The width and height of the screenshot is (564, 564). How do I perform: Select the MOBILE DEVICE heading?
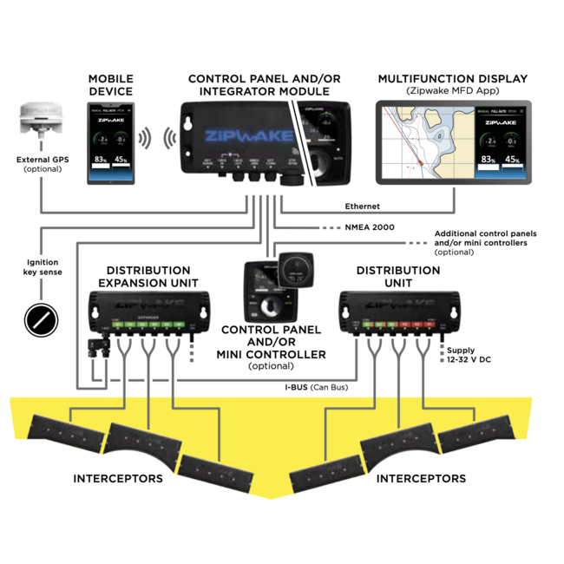click(x=110, y=85)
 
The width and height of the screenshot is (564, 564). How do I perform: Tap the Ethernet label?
click(x=363, y=206)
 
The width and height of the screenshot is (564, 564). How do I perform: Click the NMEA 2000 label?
click(x=371, y=226)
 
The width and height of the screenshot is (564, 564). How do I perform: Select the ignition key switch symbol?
click(x=41, y=318)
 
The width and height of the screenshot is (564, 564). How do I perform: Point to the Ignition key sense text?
click(x=41, y=266)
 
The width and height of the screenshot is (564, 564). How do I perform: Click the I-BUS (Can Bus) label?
click(x=318, y=386)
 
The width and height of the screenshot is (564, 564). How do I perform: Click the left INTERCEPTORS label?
click(x=117, y=478)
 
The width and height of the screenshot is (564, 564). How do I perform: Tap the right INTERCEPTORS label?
click(x=422, y=478)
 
